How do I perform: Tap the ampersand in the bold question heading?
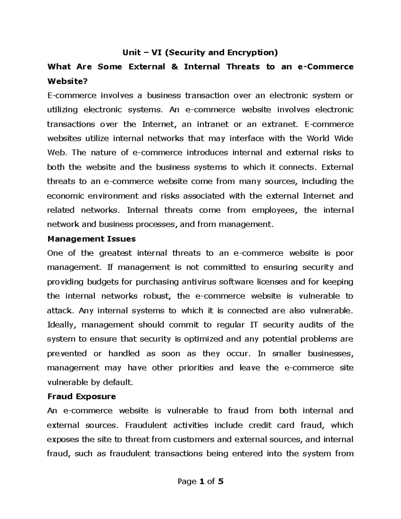coord(174,67)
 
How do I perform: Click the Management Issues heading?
coord(92,239)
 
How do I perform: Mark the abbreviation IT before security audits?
coord(254,325)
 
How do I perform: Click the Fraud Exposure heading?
coord(82,396)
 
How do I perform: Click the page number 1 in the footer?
coord(201,482)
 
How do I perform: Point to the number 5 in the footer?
coord(220,482)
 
